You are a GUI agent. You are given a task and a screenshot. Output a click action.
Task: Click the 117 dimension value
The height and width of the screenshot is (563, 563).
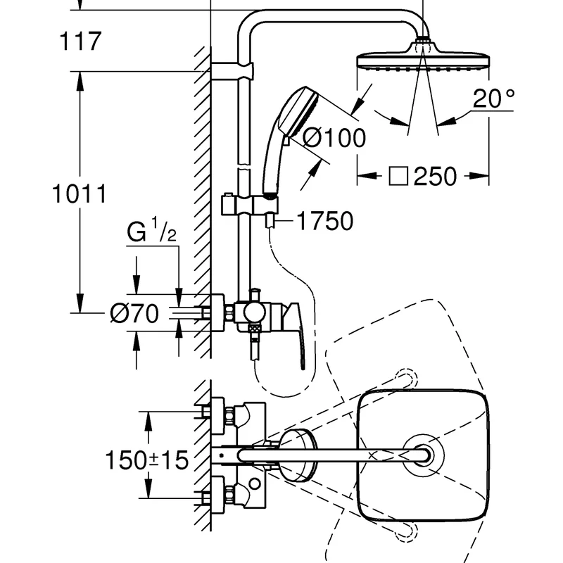coord(80,42)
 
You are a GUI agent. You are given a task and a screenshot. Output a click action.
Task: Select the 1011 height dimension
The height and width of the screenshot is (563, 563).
coord(80,194)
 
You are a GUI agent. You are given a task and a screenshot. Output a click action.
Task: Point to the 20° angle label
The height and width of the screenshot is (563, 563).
coord(494,98)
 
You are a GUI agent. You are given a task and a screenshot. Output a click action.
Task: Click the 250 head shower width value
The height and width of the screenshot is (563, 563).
coord(435,177)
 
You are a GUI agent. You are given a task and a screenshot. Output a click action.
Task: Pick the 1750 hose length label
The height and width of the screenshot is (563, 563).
coord(325,221)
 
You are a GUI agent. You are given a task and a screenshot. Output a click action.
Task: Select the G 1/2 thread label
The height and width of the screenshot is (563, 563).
coord(151,231)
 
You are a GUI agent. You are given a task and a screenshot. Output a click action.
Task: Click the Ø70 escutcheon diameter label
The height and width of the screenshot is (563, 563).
coord(134,313)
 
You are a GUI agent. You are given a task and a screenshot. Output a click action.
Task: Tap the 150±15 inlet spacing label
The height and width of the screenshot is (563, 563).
coord(147,460)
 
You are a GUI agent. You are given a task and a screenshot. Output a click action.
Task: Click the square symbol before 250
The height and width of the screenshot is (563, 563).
coord(398,177)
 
